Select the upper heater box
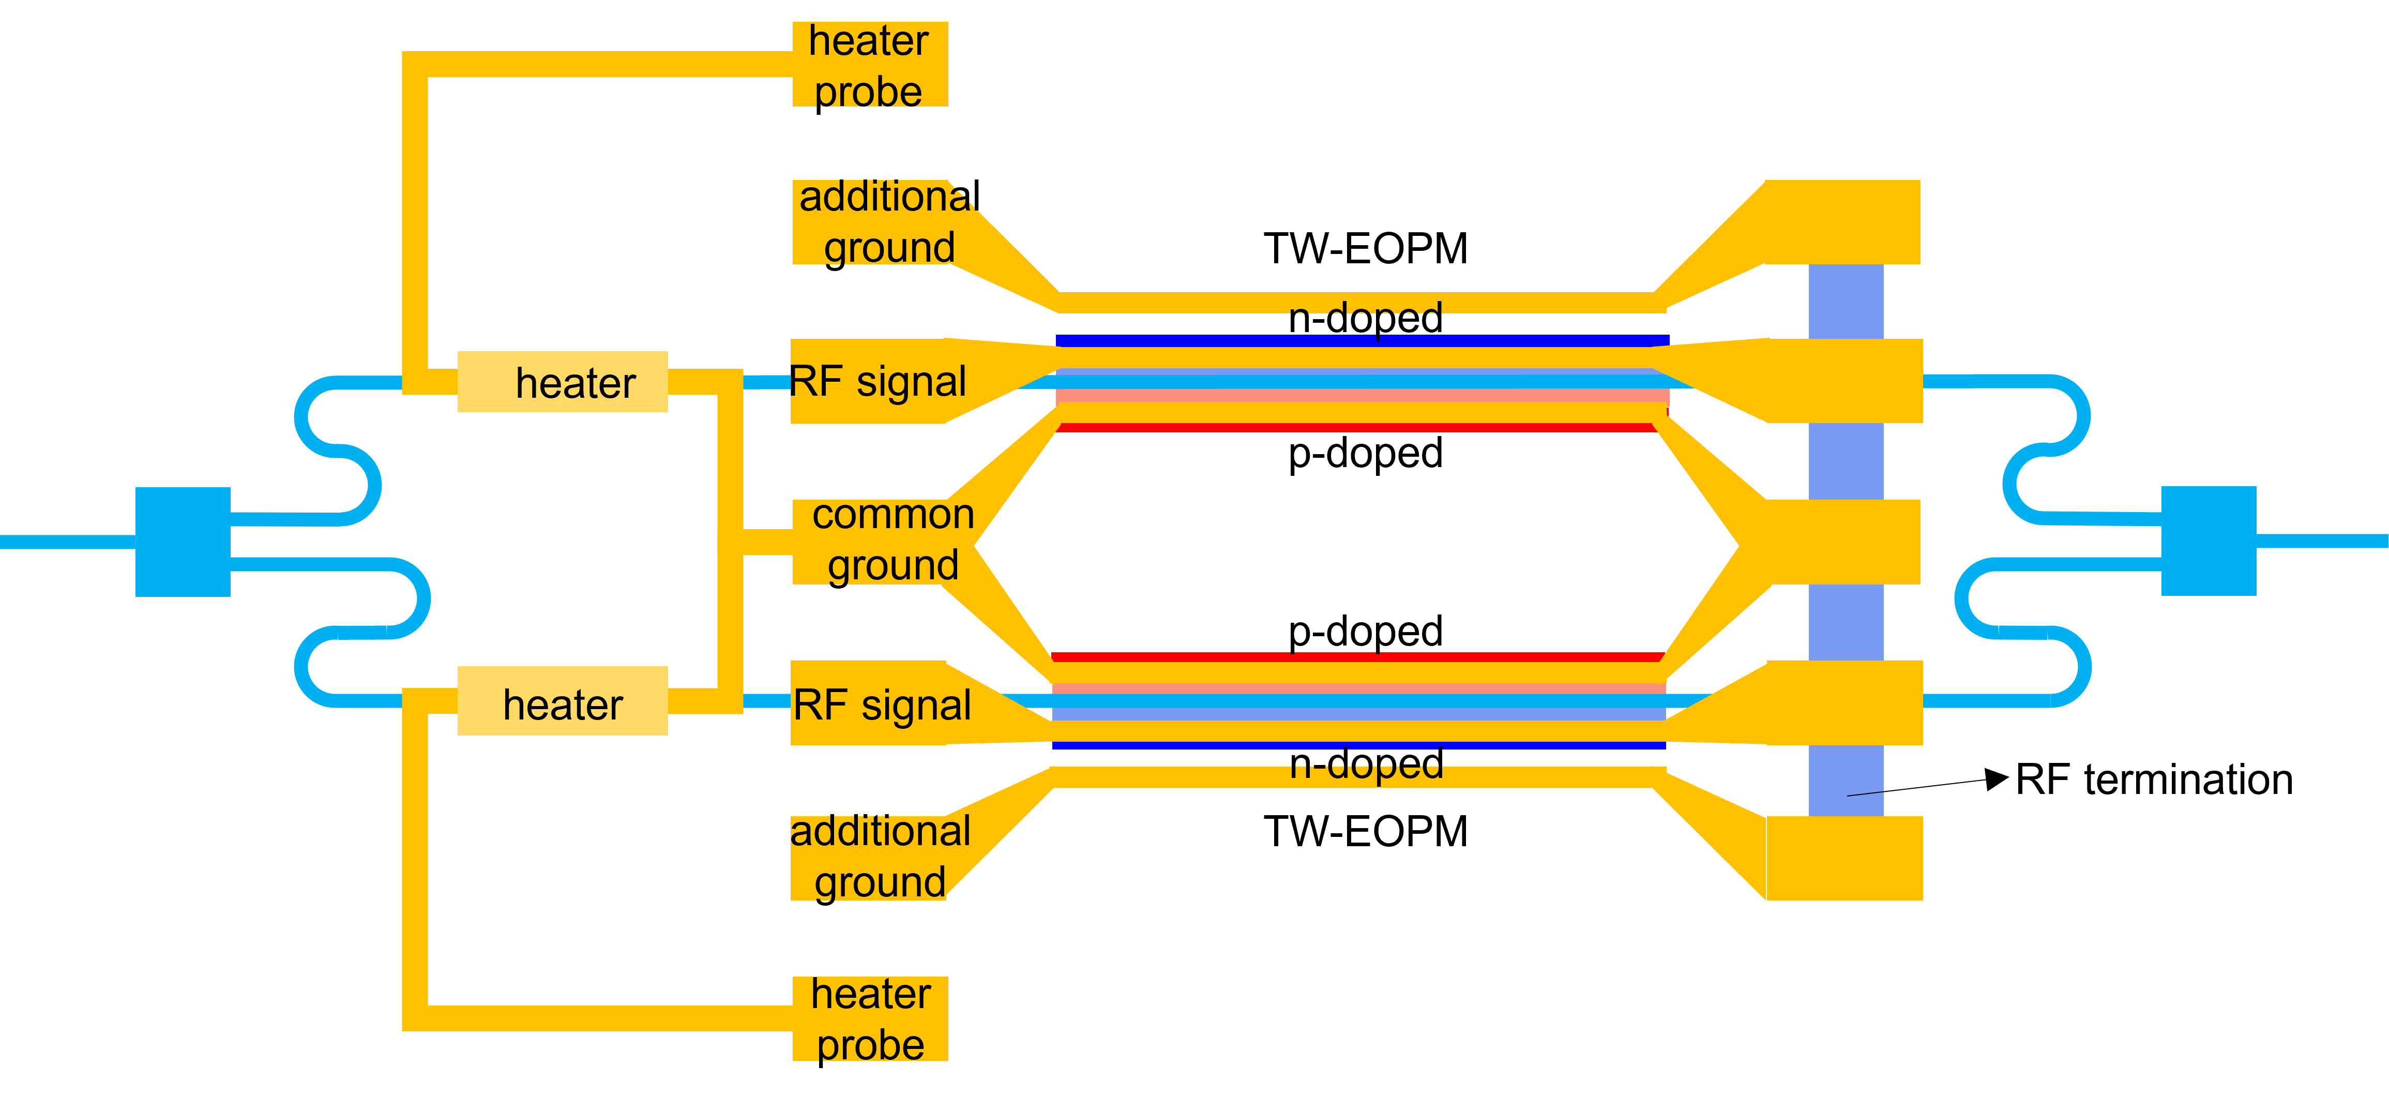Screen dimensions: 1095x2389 (x=562, y=381)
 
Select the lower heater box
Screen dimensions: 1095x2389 (x=562, y=701)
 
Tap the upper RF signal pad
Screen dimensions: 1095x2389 (x=876, y=381)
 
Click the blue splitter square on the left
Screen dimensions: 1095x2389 (x=183, y=541)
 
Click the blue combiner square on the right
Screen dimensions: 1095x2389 (x=2208, y=541)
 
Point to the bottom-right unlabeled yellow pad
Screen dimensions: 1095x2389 (x=1843, y=859)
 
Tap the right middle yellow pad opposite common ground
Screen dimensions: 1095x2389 (x=1843, y=542)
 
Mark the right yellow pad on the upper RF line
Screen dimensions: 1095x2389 (x=1843, y=381)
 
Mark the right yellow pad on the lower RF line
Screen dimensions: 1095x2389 (x=1843, y=702)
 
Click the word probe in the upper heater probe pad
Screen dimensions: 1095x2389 (x=868, y=91)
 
